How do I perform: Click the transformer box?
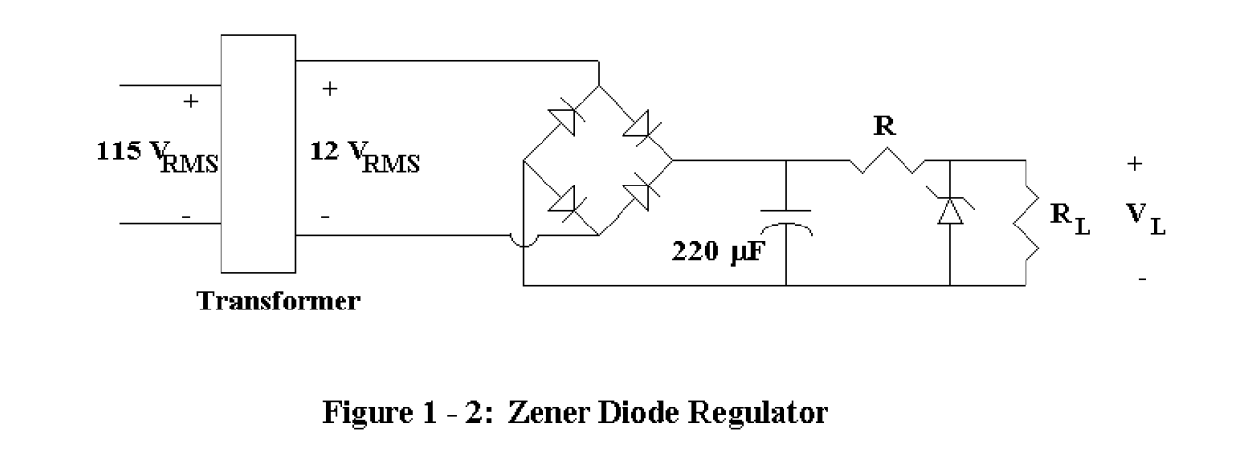258,154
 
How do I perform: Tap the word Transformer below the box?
279,302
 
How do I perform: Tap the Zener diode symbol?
949,207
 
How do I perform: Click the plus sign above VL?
1134,165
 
